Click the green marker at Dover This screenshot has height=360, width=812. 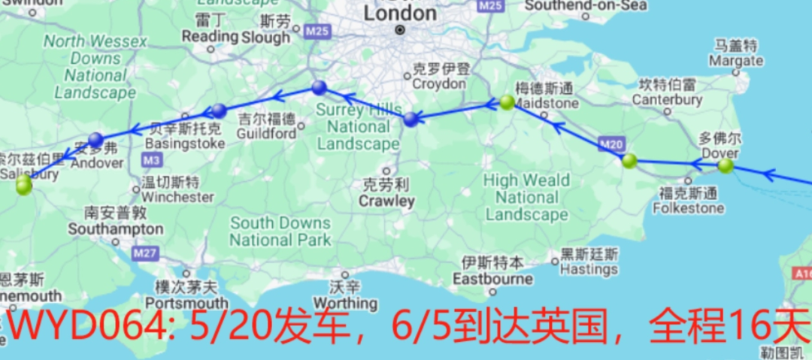pyautogui.click(x=725, y=165)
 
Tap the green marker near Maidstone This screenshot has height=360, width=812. pyautogui.click(x=507, y=102)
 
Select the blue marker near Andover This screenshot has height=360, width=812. pyautogui.click(x=95, y=139)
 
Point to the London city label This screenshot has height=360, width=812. pyautogui.click(x=399, y=14)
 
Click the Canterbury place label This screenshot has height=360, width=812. pyautogui.click(x=667, y=99)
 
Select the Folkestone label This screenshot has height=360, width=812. pyautogui.click(x=689, y=207)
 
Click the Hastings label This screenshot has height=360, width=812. pyautogui.click(x=589, y=269)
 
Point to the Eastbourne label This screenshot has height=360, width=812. pyautogui.click(x=492, y=280)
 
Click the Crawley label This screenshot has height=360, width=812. pyautogui.click(x=386, y=201)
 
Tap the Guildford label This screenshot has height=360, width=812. pyautogui.click(x=266, y=133)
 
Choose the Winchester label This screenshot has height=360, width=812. pyautogui.click(x=177, y=197)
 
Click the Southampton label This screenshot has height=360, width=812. pyautogui.click(x=115, y=228)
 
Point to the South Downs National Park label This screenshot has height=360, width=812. pyautogui.click(x=280, y=231)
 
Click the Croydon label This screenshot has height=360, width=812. pyautogui.click(x=439, y=83)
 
